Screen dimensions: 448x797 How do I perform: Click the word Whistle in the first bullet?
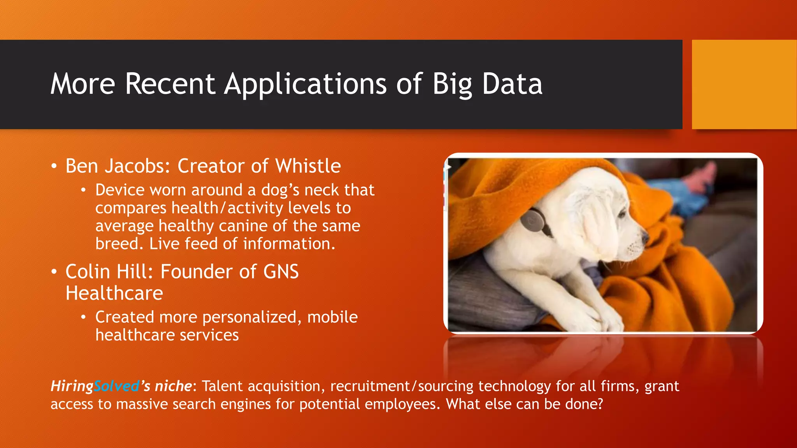308,166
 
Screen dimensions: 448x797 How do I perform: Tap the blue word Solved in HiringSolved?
116,386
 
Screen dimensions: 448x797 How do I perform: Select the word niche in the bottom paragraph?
173,386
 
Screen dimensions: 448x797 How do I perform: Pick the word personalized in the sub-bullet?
250,317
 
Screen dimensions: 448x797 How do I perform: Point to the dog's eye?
621,213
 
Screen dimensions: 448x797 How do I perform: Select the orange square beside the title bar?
744,84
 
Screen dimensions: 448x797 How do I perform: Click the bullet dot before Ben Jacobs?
54,166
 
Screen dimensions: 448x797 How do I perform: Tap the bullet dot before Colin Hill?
54,272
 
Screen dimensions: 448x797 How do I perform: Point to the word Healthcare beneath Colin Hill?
114,293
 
